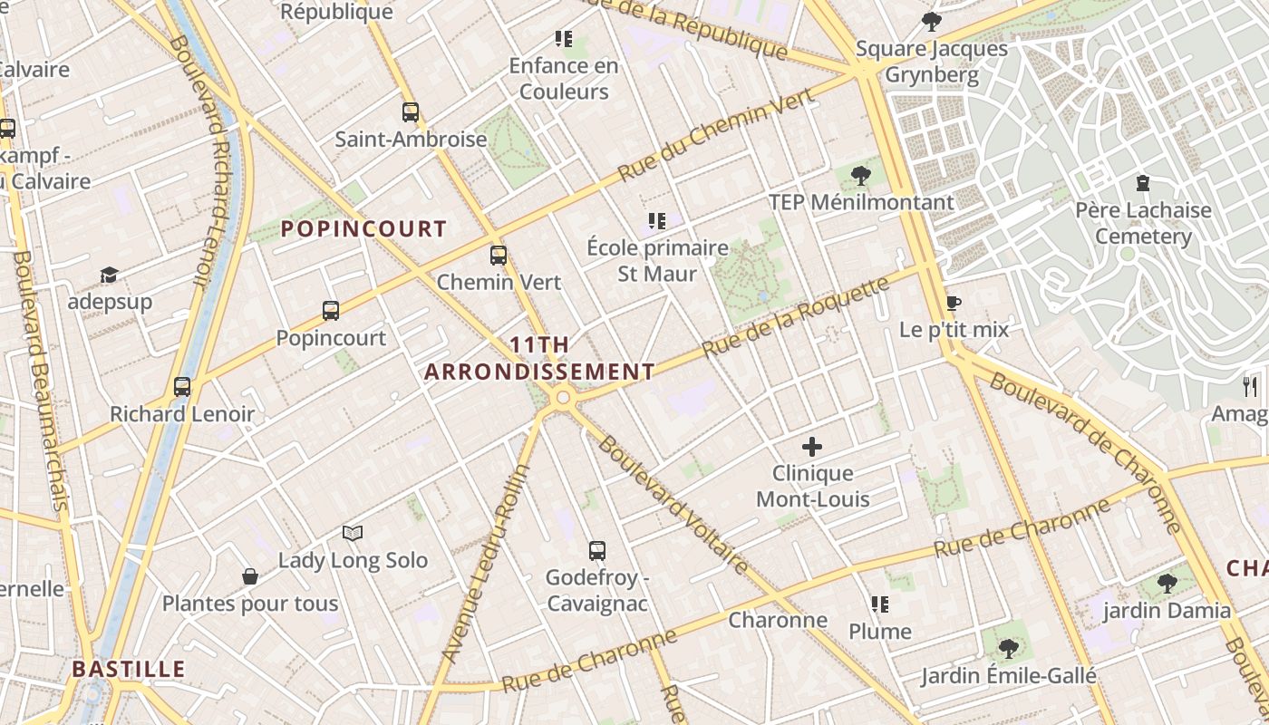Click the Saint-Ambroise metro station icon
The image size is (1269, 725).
click(411, 112)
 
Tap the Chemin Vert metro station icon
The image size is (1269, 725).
click(498, 256)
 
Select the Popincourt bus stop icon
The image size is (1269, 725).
click(331, 311)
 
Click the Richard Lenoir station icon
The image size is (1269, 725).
click(182, 387)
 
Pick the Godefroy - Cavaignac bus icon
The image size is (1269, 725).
click(596, 550)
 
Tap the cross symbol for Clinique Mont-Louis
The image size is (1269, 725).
click(812, 446)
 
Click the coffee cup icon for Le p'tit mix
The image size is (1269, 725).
click(953, 303)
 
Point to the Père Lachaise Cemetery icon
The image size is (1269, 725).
click(1142, 183)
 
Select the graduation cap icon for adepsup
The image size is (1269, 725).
click(109, 275)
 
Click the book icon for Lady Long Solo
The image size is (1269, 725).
click(353, 533)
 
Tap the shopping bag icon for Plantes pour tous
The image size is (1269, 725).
click(249, 576)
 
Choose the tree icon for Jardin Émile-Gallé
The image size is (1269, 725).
click(1008, 648)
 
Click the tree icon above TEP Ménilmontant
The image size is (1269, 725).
click(860, 175)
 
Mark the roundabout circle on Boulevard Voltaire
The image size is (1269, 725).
click(563, 397)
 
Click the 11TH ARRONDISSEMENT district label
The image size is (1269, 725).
click(539, 358)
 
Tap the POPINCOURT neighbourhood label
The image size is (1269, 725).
click(363, 228)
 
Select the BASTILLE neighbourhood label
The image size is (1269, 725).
click(129, 669)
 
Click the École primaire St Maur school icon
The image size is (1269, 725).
click(657, 220)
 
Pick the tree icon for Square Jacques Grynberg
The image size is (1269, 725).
click(931, 21)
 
